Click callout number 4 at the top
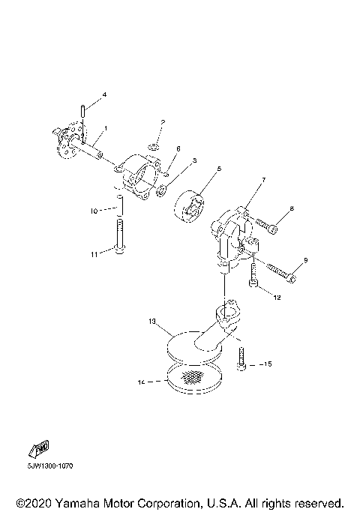(104, 94)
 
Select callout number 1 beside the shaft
(106, 129)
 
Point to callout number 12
(277, 298)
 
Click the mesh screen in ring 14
(193, 376)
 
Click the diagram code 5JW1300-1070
(46, 466)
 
